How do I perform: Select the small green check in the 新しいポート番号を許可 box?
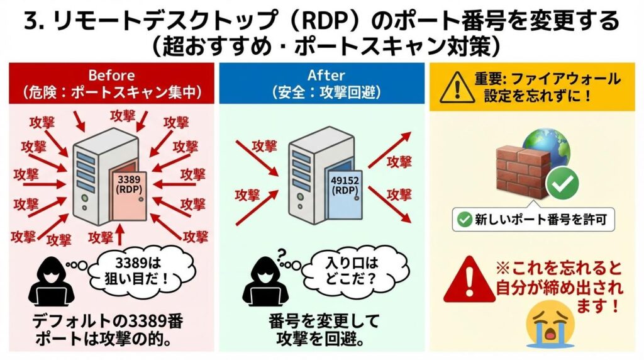464,220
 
